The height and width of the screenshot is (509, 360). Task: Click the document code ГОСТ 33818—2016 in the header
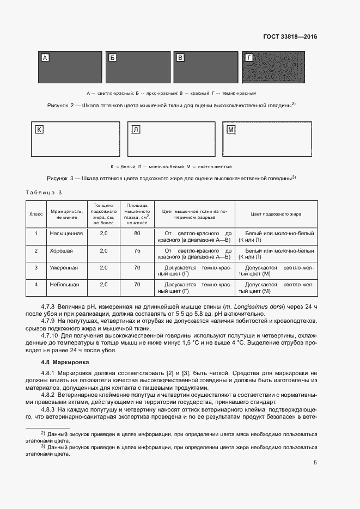290,37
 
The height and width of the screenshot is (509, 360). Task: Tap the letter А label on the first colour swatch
45,58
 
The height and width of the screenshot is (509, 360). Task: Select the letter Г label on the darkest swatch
249,58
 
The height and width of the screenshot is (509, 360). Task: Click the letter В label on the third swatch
181,58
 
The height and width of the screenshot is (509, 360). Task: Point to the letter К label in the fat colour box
39,130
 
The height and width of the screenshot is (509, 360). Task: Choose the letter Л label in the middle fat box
136,130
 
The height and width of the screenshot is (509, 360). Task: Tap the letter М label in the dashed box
231,130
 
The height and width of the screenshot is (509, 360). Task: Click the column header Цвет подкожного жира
276,214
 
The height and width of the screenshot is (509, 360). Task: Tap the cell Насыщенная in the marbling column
66,234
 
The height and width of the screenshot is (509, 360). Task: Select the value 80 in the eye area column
137,234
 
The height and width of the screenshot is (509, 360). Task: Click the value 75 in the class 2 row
137,251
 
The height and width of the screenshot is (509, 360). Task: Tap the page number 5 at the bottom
315,463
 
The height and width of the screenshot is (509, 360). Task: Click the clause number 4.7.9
51,321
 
